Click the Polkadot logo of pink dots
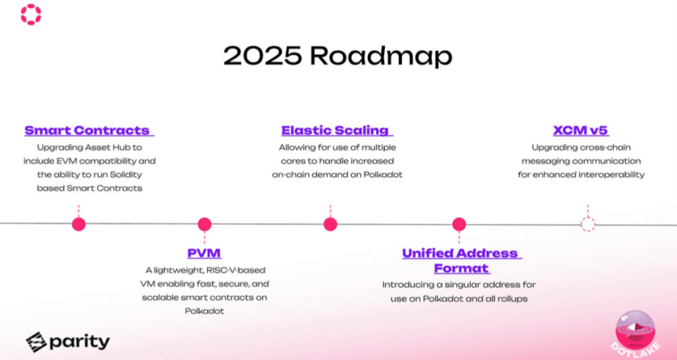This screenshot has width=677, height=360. point(31,14)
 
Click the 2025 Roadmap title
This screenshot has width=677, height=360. point(338,56)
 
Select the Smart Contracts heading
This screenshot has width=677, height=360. point(89,131)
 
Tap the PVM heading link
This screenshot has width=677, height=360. point(204,253)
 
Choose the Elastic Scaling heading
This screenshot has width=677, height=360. point(337,131)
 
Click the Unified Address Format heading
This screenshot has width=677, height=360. point(462,260)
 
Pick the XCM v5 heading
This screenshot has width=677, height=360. point(581,131)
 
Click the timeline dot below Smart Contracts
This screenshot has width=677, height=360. point(79,224)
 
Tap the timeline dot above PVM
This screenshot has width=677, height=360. point(204,224)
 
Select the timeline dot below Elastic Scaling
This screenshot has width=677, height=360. point(331,224)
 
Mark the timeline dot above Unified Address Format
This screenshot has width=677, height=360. point(459,224)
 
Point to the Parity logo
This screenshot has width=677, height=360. point(68,342)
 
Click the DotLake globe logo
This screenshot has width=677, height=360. point(636,331)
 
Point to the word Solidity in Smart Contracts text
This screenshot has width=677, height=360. point(127,174)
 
